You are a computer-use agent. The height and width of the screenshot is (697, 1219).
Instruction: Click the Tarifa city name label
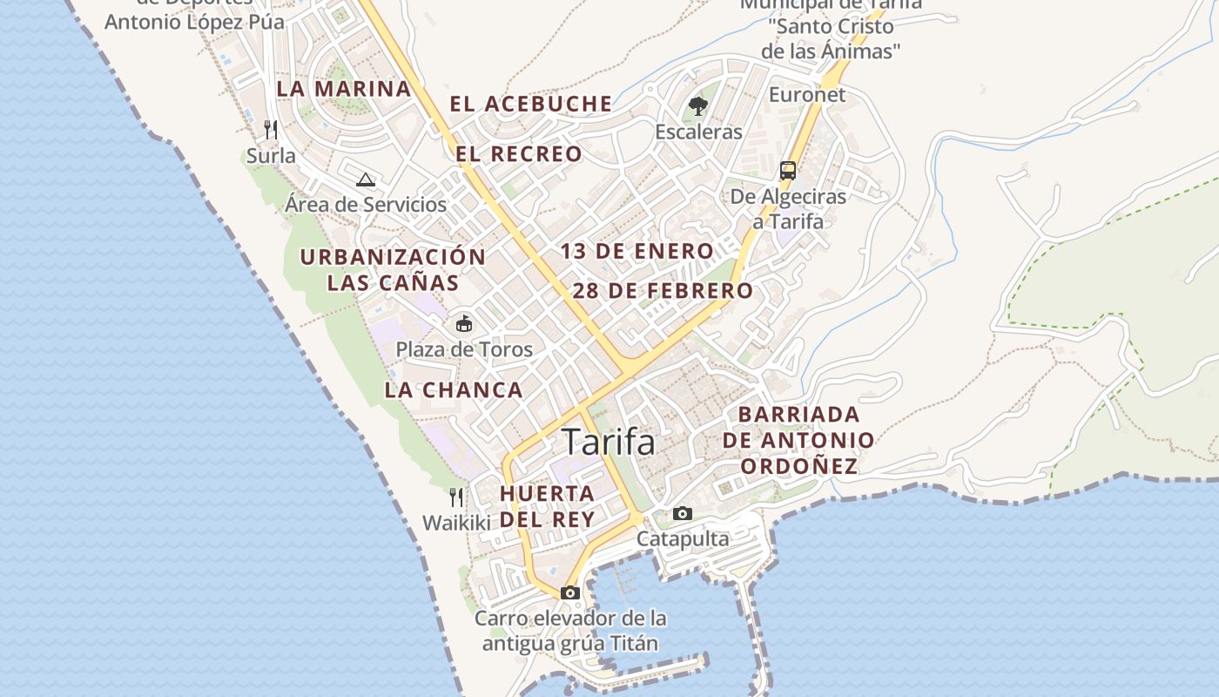pos(608,442)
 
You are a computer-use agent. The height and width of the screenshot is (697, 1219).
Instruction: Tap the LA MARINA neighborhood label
pos(344,89)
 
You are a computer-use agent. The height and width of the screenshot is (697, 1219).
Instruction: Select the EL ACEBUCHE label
pos(531,104)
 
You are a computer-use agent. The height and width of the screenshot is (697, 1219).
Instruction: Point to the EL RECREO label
pos(519,154)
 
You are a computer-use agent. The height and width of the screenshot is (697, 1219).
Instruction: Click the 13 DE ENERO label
pos(636,252)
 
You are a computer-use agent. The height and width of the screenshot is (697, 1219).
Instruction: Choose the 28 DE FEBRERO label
pos(663,291)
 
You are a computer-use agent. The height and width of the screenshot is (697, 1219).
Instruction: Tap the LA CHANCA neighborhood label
pos(454,390)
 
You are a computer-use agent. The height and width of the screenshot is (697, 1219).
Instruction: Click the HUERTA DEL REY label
pos(547,506)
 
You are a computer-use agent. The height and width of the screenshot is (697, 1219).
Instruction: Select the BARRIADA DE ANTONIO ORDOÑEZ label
pos(798,440)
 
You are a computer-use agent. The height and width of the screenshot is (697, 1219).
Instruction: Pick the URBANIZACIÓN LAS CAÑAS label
pos(393,269)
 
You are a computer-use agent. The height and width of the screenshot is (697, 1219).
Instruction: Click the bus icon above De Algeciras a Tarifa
pos(788,170)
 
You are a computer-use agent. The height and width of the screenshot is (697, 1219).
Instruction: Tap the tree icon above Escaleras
pos(697,107)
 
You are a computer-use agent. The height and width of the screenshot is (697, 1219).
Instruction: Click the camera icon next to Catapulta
pos(683,513)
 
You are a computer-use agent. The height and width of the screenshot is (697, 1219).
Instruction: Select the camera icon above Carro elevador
pos(570,592)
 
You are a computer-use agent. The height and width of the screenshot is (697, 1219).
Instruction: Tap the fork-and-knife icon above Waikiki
pos(456,497)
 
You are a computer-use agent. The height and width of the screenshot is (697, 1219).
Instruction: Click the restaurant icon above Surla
pos(271,130)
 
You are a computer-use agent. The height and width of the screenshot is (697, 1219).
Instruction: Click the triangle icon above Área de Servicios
pos(366,179)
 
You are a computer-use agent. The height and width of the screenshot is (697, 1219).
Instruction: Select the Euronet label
pos(807,94)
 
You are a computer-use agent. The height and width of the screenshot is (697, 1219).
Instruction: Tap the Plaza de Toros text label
pos(464,349)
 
